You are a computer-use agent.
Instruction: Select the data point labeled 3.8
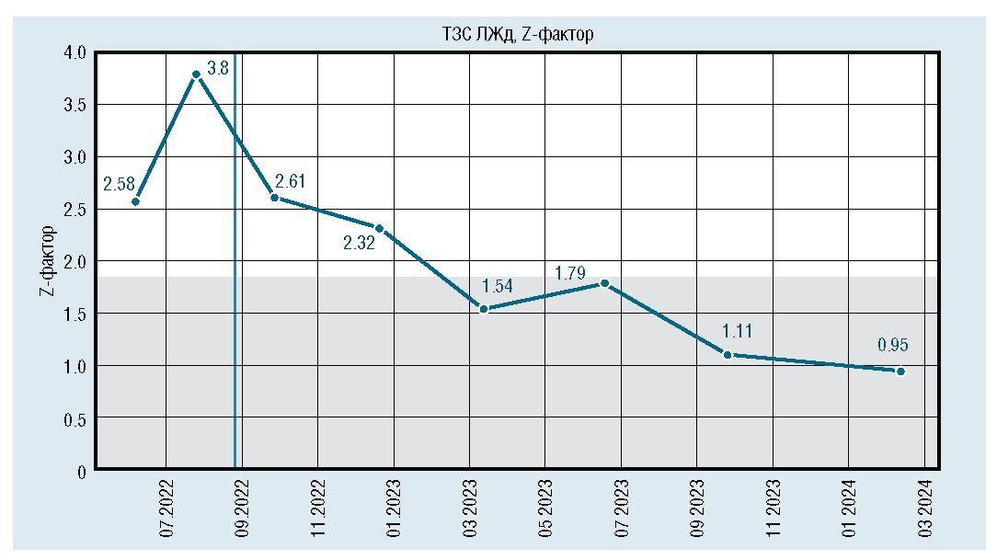pyautogui.click(x=196, y=74)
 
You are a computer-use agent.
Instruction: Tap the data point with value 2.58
pyautogui.click(x=135, y=201)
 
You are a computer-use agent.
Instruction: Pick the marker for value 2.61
pyautogui.click(x=274, y=198)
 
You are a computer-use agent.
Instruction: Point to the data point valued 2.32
pyautogui.click(x=379, y=228)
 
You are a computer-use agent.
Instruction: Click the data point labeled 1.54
pyautogui.click(x=484, y=309)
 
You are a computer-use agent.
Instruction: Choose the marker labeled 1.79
pyautogui.click(x=604, y=283)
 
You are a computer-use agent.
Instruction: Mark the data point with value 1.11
pyautogui.click(x=728, y=355)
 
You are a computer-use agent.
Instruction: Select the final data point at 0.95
pyautogui.click(x=900, y=371)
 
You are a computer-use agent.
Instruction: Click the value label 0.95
pyautogui.click(x=892, y=346)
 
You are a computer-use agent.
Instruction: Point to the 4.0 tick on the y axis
pyautogui.click(x=74, y=53)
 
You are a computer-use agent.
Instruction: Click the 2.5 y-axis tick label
pyautogui.click(x=74, y=211)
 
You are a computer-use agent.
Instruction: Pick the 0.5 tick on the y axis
pyautogui.click(x=74, y=420)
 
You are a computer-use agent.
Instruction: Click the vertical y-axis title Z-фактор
pyautogui.click(x=45, y=261)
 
